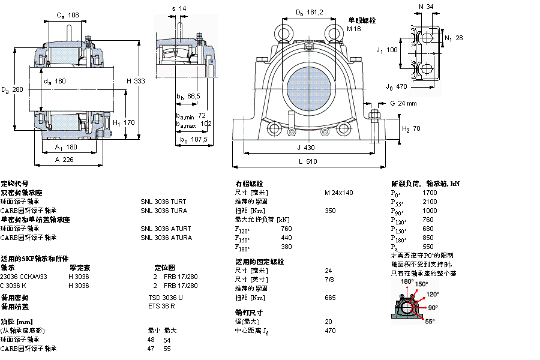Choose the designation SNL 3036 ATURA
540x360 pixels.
pyautogui.click(x=166, y=238)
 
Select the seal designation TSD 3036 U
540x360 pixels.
pyautogui.click(x=166, y=298)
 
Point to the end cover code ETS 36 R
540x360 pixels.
pyautogui.click(x=161, y=307)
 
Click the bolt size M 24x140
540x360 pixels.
pyautogui.click(x=339, y=193)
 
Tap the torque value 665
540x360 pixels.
pyautogui.click(x=330, y=298)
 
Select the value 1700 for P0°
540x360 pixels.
pyautogui.click(x=430, y=193)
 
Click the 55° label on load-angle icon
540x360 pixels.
pyautogui.click(x=430, y=322)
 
